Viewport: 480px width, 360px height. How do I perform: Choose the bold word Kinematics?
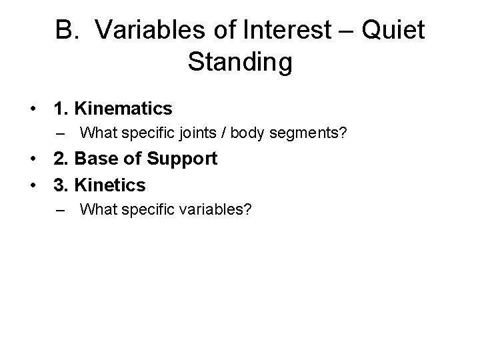click(125, 108)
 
